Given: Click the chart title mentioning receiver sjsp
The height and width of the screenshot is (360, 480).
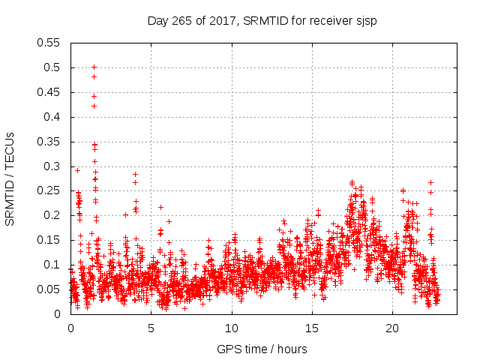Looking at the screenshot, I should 262,21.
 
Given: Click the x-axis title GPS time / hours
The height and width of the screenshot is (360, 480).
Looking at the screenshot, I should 262,349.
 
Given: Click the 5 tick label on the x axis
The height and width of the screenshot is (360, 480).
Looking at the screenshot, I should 151,328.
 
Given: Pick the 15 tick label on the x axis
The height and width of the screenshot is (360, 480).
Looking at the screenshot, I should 311,328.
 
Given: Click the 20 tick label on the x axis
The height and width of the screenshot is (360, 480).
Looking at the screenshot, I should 391,328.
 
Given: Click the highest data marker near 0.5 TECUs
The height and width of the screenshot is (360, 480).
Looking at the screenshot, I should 94,67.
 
